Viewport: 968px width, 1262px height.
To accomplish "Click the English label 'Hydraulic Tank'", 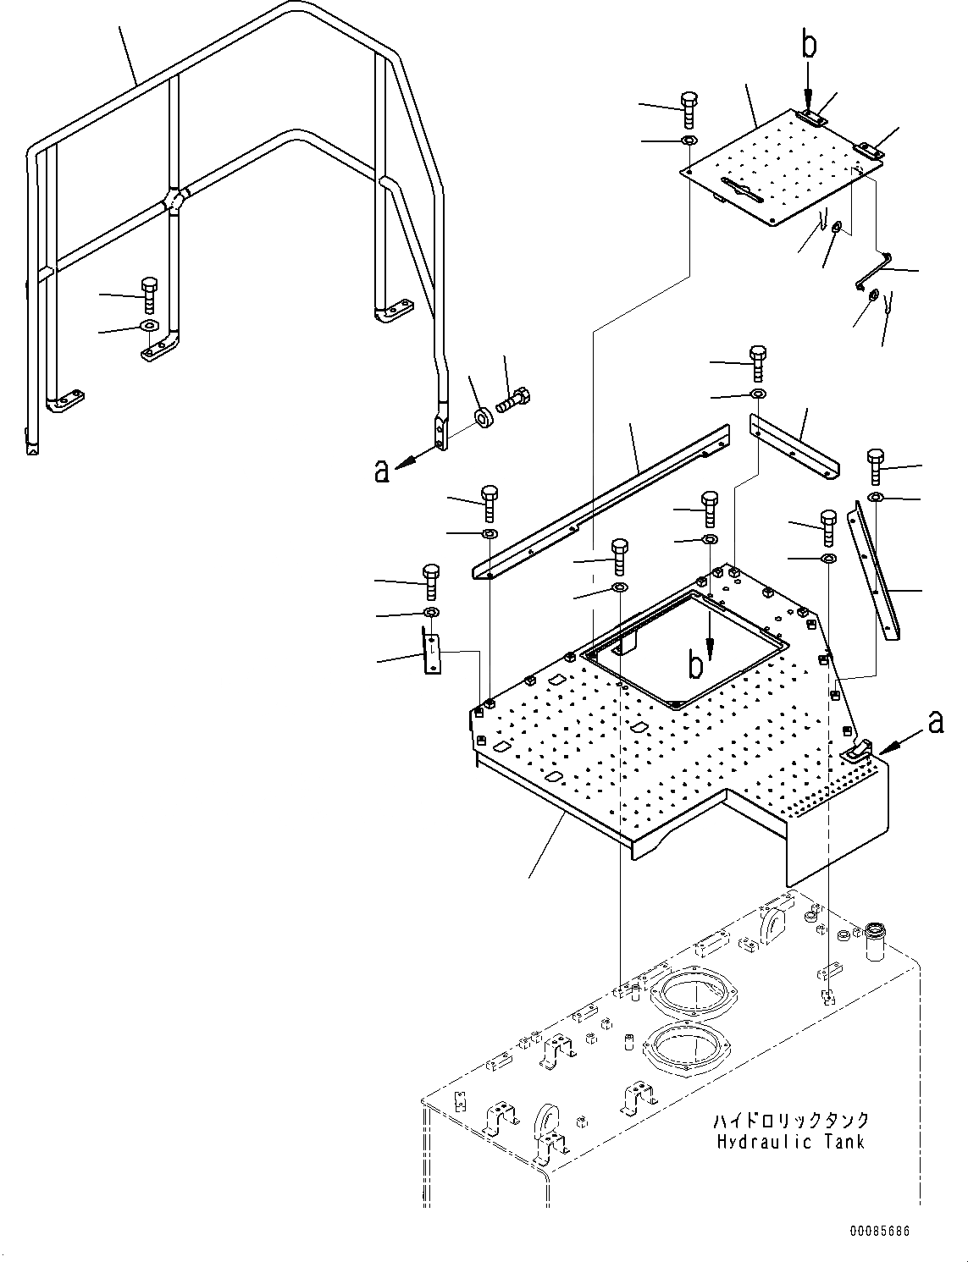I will click(x=790, y=1142).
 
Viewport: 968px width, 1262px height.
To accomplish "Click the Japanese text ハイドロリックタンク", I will click(x=790, y=1121).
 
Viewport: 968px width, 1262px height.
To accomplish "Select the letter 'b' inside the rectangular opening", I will click(x=695, y=666).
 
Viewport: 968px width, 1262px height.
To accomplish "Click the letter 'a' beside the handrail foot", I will click(x=382, y=471).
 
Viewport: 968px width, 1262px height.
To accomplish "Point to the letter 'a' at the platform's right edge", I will click(x=935, y=722).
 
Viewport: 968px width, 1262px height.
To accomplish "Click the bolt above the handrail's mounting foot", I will click(x=150, y=295).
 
